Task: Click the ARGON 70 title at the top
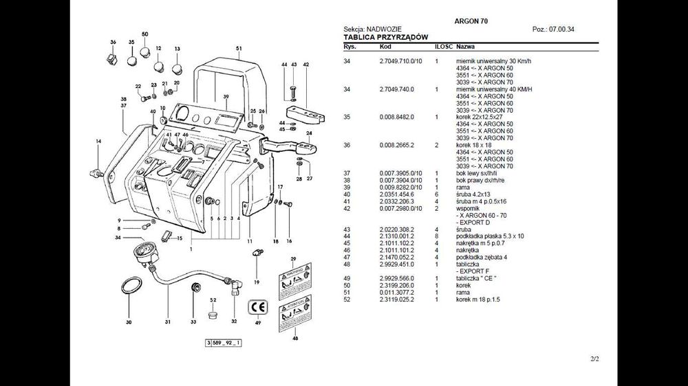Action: [471, 21]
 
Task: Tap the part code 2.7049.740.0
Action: [396, 89]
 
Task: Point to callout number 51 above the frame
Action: [239, 48]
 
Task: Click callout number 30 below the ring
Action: [128, 321]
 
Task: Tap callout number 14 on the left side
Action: [98, 141]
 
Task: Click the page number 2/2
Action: [594, 359]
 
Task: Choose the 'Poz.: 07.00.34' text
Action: [553, 30]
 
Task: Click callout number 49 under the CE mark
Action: [258, 322]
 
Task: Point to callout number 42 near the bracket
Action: [305, 65]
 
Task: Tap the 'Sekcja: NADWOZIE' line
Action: [372, 30]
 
